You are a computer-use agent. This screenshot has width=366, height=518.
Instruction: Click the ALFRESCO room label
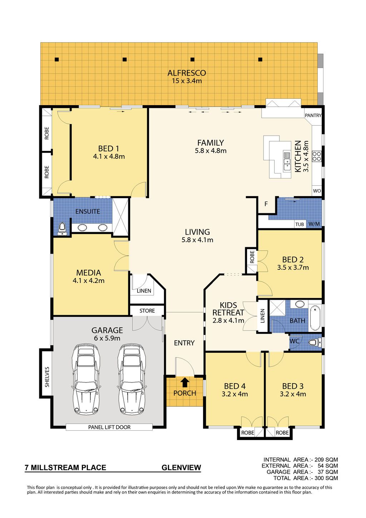click(x=187, y=73)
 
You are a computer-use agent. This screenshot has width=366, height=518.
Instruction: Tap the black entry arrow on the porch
click(x=185, y=382)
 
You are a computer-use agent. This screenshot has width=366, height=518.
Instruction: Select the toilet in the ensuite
click(x=62, y=228)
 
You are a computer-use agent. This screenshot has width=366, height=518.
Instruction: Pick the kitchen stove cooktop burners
click(x=317, y=156)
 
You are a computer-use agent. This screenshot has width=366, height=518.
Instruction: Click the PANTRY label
click(x=313, y=116)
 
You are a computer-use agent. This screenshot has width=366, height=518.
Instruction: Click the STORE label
click(x=147, y=311)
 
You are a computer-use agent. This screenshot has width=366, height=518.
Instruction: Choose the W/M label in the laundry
click(x=314, y=224)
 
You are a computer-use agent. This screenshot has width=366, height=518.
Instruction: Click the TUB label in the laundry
click(x=300, y=224)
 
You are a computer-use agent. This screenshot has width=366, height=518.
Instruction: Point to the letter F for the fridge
click(x=266, y=204)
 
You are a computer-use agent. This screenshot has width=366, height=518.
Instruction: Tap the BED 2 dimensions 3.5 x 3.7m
click(x=293, y=268)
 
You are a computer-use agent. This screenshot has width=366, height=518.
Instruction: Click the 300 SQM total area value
click(x=328, y=478)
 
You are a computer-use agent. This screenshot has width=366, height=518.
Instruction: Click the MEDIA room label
click(x=89, y=273)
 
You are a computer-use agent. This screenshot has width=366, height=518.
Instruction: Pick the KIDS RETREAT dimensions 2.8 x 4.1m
click(x=228, y=321)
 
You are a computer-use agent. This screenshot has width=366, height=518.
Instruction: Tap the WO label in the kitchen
click(x=317, y=191)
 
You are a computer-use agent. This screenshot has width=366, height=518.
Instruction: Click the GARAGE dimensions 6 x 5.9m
click(x=107, y=338)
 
